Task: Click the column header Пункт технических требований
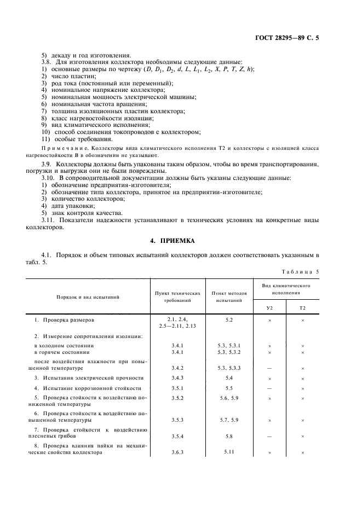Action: [x=177, y=297]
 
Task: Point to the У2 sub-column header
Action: [x=269, y=308]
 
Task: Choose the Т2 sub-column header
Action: [x=302, y=308]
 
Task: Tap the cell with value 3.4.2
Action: [x=177, y=368]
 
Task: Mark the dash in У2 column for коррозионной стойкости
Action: [x=269, y=388]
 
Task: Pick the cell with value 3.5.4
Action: [x=177, y=437]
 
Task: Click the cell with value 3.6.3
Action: [x=177, y=453]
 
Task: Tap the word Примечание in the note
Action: [x=65, y=148]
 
